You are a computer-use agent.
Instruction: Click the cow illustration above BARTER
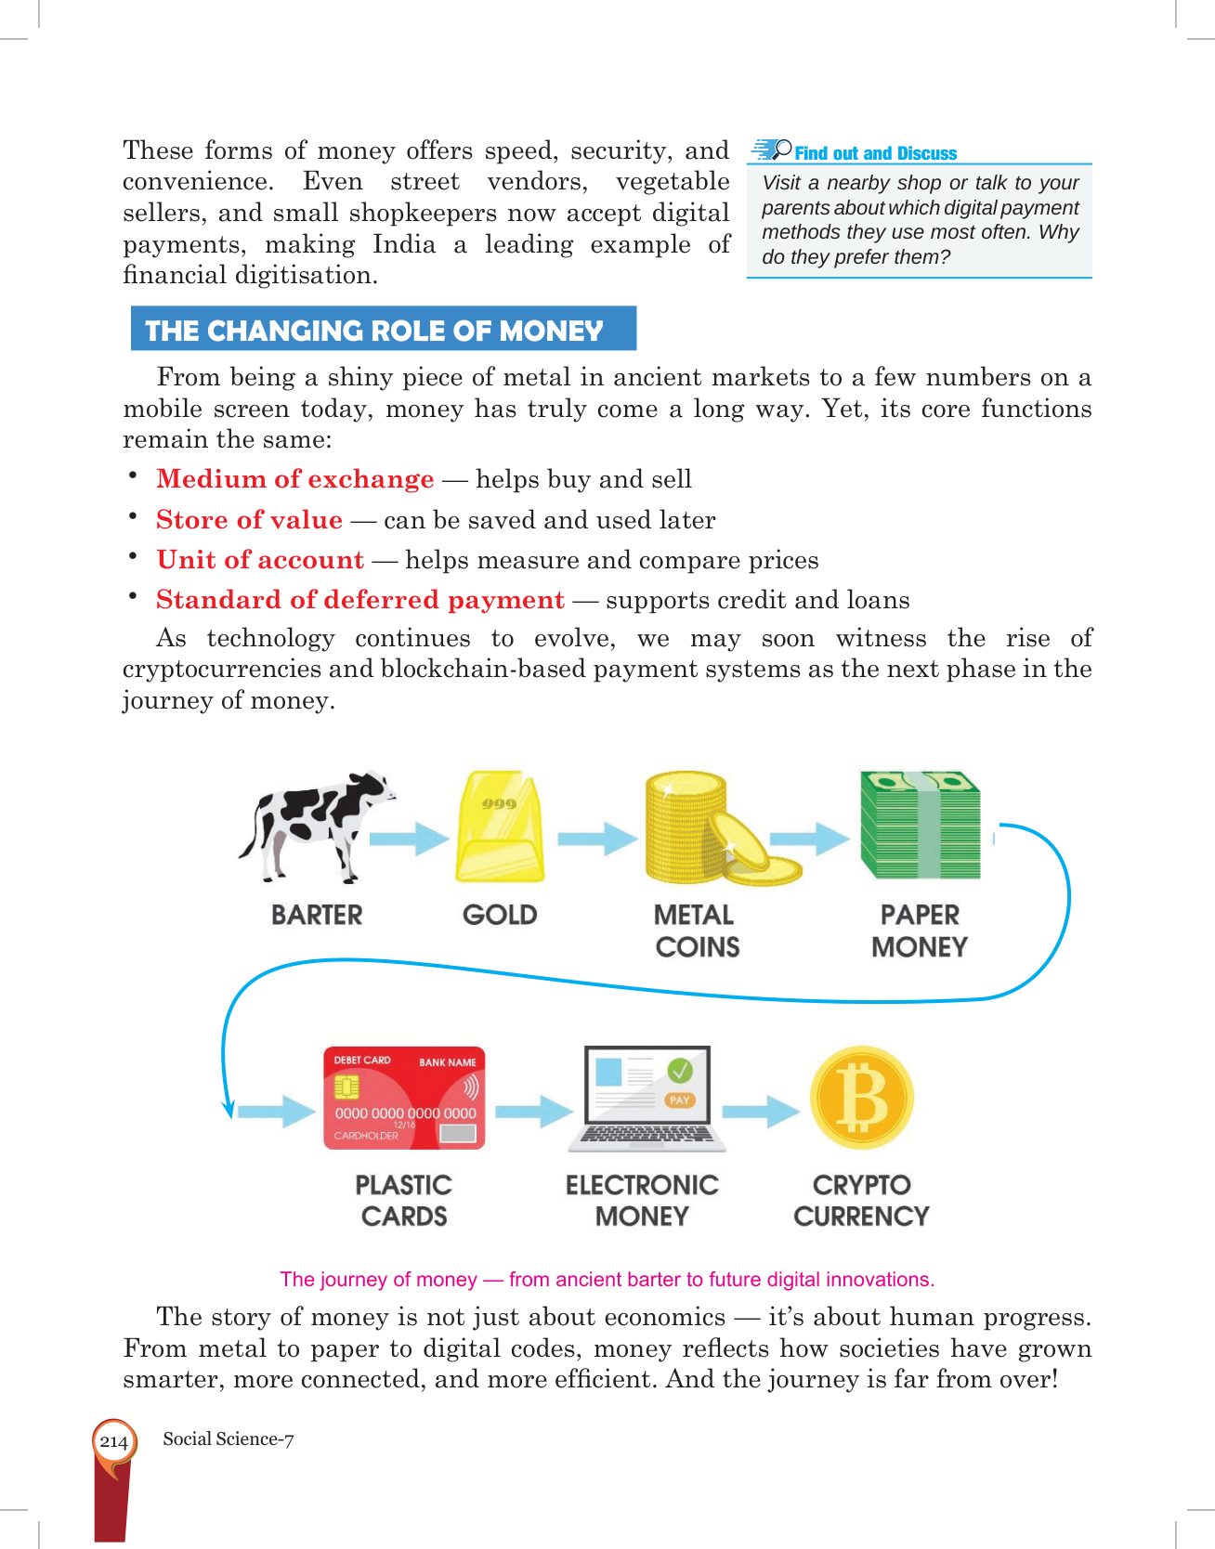[x=316, y=823]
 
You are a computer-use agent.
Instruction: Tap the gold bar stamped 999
[x=500, y=827]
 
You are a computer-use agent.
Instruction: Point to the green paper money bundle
[x=920, y=825]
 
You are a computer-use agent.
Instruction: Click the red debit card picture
[x=404, y=1099]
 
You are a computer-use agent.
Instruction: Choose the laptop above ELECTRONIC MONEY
[x=647, y=1099]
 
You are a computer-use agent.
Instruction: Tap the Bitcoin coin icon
[x=862, y=1099]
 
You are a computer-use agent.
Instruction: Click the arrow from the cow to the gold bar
[x=409, y=839]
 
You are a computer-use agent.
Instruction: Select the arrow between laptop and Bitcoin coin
[x=760, y=1110]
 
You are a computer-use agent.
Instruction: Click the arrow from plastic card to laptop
[x=533, y=1110]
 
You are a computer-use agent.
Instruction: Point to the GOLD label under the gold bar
[x=500, y=915]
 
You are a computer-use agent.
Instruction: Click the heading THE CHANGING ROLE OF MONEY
[x=375, y=330]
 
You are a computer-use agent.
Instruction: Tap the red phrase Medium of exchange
[x=295, y=479]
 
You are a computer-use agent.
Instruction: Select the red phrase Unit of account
[x=260, y=560]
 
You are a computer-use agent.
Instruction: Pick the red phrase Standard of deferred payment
[x=360, y=600]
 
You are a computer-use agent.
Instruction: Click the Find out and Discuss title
[x=875, y=153]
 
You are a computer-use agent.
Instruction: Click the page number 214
[x=113, y=1441]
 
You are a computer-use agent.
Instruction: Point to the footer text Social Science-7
[x=229, y=1439]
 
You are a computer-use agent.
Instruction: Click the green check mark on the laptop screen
[x=681, y=1071]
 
